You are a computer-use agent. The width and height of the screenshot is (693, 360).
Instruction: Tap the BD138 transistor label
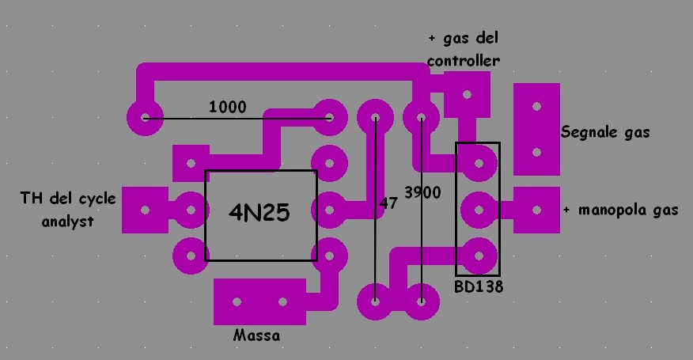pos(479,287)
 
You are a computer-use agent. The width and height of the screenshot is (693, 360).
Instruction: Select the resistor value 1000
pos(228,107)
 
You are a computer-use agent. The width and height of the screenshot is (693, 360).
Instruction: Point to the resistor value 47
pos(388,203)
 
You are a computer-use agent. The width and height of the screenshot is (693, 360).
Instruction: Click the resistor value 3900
pos(422,192)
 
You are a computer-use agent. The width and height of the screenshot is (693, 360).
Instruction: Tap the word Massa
pos(257,335)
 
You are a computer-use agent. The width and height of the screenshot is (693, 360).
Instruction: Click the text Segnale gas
pos(605,133)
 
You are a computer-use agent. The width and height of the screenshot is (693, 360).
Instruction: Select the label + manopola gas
pos(620,210)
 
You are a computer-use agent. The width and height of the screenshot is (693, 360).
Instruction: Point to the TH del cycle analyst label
pos(67,210)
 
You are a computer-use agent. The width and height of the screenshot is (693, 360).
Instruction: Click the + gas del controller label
pos(464,49)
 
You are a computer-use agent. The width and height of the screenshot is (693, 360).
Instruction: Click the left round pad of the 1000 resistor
pos(145,119)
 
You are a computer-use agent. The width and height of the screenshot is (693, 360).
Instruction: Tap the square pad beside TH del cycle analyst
pos(145,210)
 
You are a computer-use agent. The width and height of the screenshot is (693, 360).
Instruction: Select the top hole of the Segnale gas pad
pos(537,105)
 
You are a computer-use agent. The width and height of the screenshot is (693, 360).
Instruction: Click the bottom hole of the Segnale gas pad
pos(537,152)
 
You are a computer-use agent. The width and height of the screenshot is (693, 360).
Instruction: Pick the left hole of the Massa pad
pos(237,301)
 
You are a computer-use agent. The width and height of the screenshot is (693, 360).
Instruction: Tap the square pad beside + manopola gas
pos(537,210)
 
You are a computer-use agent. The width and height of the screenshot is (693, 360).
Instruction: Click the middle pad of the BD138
pos(478,210)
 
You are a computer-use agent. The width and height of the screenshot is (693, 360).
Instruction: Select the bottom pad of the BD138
pos(478,256)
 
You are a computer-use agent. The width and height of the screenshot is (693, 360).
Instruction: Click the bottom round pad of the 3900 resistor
pos(421,301)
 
